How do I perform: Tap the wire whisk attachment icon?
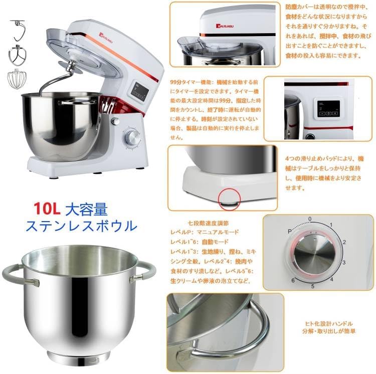tap(18, 79)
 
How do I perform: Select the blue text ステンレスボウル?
tap(80, 225)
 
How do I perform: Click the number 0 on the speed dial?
tap(310, 219)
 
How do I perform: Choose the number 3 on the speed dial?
tap(344, 262)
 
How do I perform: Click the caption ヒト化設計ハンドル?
tap(329, 324)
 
